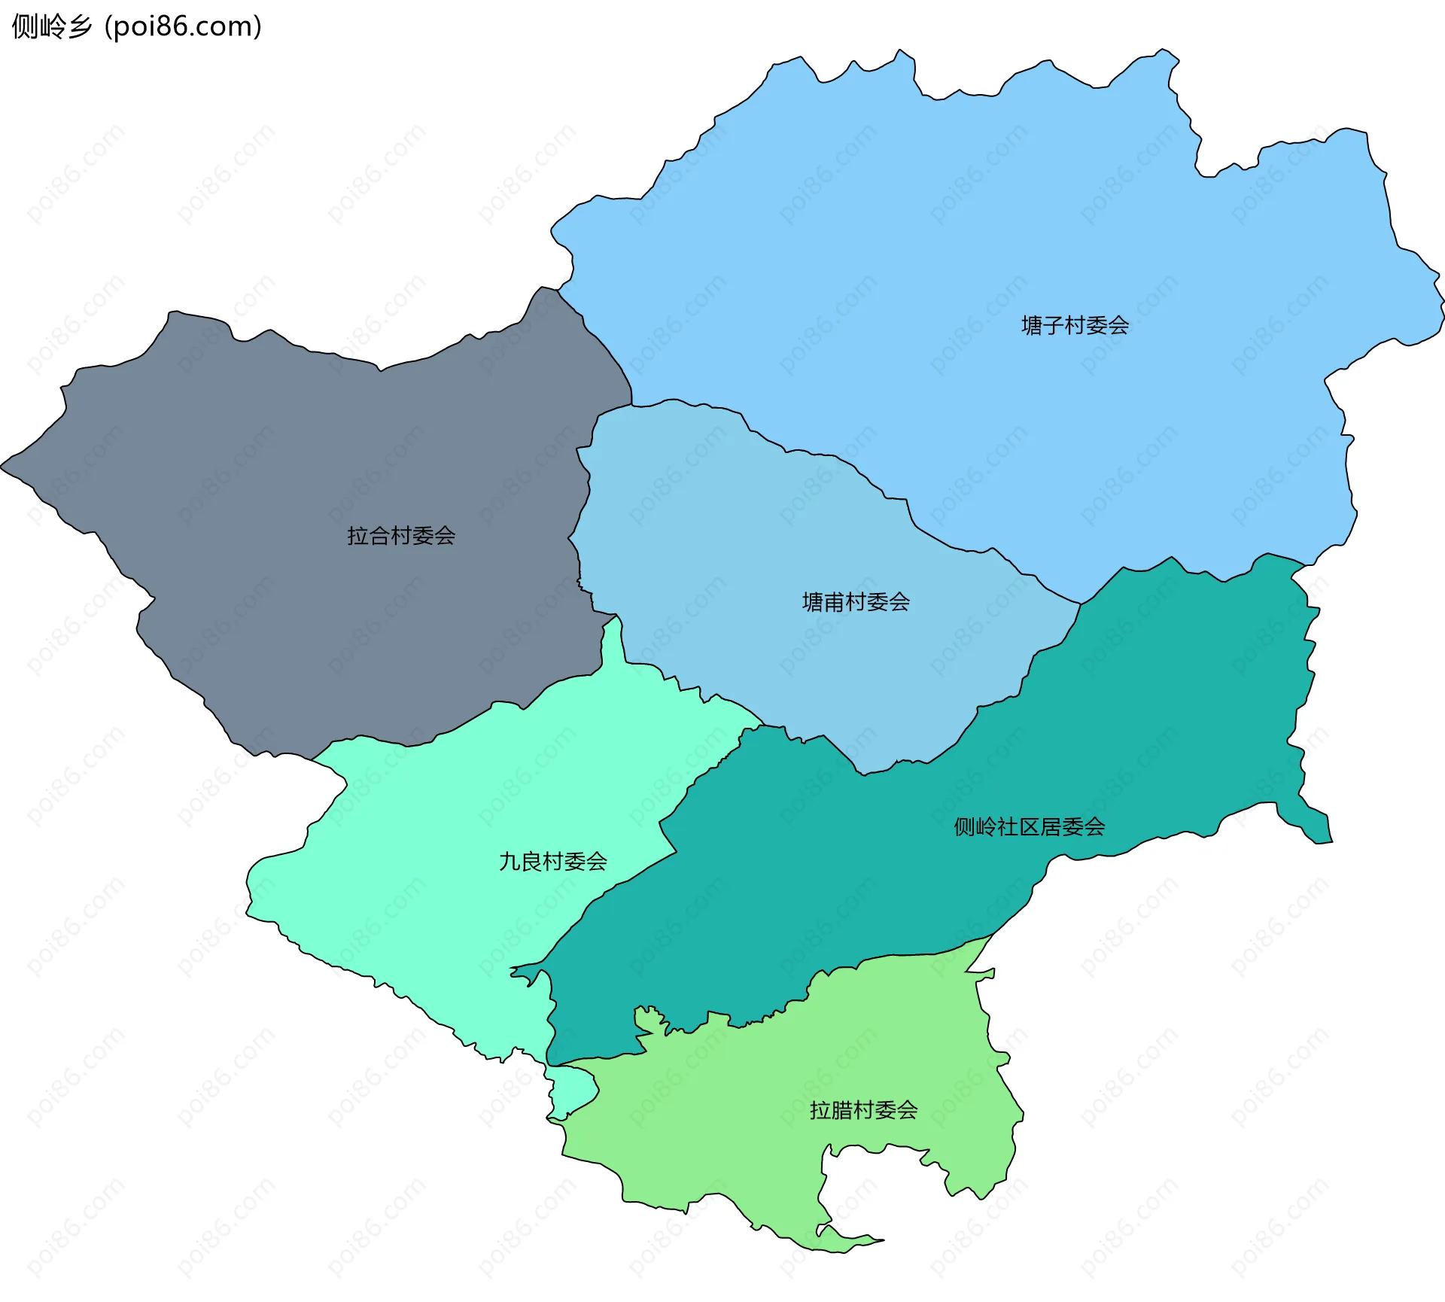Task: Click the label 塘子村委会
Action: pos(1075,326)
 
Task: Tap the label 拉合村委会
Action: pos(401,536)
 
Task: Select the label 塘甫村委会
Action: pos(856,602)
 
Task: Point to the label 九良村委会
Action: pos(553,862)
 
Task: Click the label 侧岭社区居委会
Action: pos(1029,827)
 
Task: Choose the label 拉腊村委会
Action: pos(863,1110)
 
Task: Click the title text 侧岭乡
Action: pos(52,26)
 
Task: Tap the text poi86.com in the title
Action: pos(183,26)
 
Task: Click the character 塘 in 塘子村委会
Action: pos(1032,326)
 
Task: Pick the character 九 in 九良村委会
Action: pos(510,862)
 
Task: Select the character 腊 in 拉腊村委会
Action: pos(841,1110)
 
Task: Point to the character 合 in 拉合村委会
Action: pos(379,536)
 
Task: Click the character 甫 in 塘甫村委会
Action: pos(834,602)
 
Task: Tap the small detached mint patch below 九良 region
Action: pos(573,1091)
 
